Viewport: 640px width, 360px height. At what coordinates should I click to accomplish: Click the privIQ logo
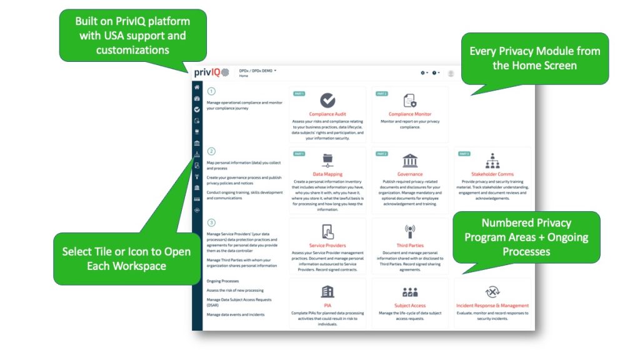click(x=211, y=72)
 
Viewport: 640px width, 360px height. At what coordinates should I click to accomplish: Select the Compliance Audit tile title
click(x=327, y=114)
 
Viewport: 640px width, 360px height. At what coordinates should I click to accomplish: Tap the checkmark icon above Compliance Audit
click(x=327, y=100)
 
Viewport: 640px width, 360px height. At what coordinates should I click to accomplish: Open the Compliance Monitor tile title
click(x=410, y=114)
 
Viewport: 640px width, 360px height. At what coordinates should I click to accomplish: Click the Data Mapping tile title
click(x=327, y=174)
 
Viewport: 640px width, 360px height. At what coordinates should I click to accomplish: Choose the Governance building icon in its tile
click(x=410, y=160)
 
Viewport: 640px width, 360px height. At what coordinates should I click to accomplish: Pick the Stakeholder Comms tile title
click(x=492, y=174)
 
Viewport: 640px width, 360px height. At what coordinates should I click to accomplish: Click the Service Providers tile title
click(x=327, y=246)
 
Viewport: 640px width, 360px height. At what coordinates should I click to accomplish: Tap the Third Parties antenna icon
click(x=410, y=231)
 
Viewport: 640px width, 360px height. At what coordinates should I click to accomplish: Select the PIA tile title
click(x=327, y=306)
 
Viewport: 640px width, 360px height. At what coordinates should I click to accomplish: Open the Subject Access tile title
click(x=410, y=306)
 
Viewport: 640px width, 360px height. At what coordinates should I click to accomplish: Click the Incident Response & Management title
click(x=492, y=306)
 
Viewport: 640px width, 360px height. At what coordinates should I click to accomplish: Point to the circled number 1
click(x=211, y=91)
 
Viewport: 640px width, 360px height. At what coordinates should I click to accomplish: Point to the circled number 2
click(x=211, y=151)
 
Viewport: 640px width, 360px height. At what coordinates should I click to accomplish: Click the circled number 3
click(x=211, y=222)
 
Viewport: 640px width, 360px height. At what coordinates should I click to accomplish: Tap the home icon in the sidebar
click(x=197, y=87)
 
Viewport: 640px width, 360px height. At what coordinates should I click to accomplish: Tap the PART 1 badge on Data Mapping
click(x=299, y=154)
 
